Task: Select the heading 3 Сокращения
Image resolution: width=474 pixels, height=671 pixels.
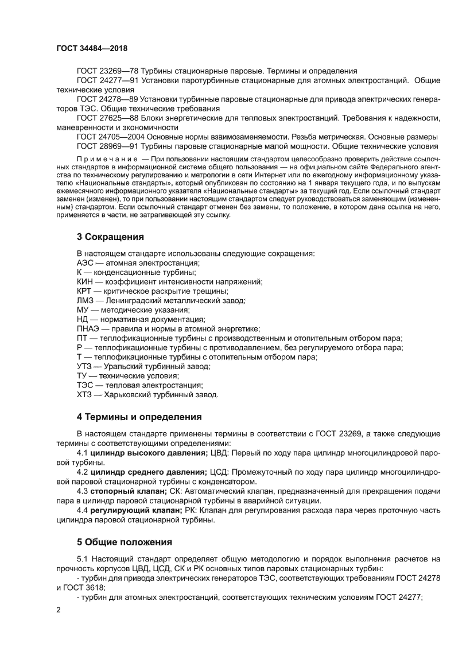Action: [110, 236]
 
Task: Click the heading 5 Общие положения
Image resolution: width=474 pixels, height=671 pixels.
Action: [124, 541]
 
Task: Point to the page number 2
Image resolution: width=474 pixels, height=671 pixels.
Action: [59, 626]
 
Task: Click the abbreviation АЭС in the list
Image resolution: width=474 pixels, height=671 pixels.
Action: [84, 262]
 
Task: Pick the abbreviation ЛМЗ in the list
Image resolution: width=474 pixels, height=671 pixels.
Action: [85, 300]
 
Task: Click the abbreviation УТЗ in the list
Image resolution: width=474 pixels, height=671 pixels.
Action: [84, 366]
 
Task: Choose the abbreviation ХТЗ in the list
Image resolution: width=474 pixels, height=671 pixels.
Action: [84, 394]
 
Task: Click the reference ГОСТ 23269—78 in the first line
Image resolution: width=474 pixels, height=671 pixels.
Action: [106, 71]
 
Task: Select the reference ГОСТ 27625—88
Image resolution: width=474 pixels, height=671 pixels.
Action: [106, 118]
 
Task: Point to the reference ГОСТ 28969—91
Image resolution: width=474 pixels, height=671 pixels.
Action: [106, 146]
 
